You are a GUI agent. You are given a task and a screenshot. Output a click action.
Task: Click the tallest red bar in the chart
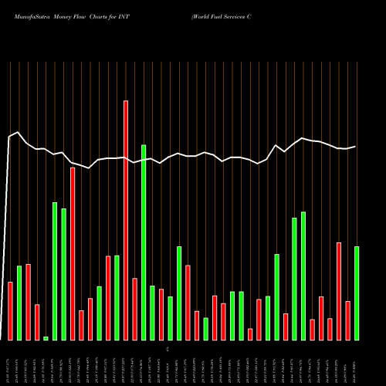[126, 220]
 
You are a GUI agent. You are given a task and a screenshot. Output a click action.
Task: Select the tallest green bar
[144, 242]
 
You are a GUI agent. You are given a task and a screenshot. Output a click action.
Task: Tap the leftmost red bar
[10, 311]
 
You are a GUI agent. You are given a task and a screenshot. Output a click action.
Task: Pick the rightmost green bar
[357, 293]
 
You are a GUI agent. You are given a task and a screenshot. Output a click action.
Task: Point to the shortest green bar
[46, 338]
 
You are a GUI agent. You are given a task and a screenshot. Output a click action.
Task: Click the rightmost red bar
[347, 320]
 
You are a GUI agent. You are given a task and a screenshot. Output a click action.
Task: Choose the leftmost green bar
[19, 303]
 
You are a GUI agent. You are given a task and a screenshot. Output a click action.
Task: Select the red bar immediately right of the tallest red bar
[134, 309]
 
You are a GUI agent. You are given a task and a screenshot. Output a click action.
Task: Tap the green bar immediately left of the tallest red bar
[117, 297]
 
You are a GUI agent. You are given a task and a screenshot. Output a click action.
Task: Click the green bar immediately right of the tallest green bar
[152, 313]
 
